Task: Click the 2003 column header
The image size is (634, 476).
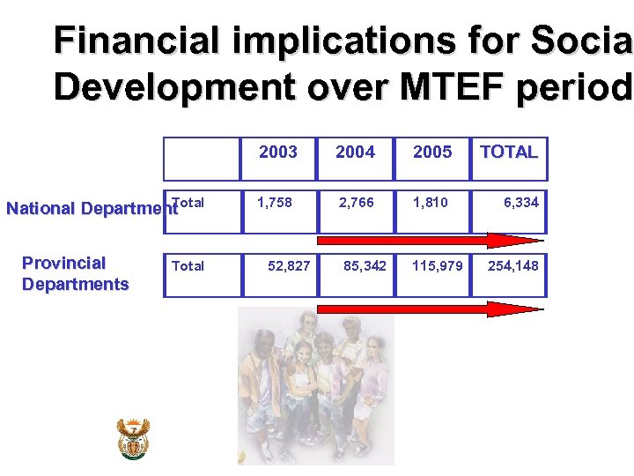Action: (278, 152)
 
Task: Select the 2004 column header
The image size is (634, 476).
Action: (355, 152)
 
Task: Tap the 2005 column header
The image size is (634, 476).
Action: (432, 152)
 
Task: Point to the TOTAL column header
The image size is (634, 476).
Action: (508, 152)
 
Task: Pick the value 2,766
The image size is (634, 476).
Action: (357, 203)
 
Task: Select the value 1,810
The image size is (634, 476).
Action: (431, 203)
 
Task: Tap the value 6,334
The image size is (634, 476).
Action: (521, 203)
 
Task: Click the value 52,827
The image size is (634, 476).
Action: (289, 265)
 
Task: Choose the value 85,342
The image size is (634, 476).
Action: (365, 265)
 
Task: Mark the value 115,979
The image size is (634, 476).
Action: (438, 265)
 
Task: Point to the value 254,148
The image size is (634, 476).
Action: (512, 265)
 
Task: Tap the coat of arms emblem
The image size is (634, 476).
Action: (134, 438)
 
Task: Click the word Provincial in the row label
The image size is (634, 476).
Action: (63, 263)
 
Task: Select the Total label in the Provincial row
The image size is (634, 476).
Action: (188, 266)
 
